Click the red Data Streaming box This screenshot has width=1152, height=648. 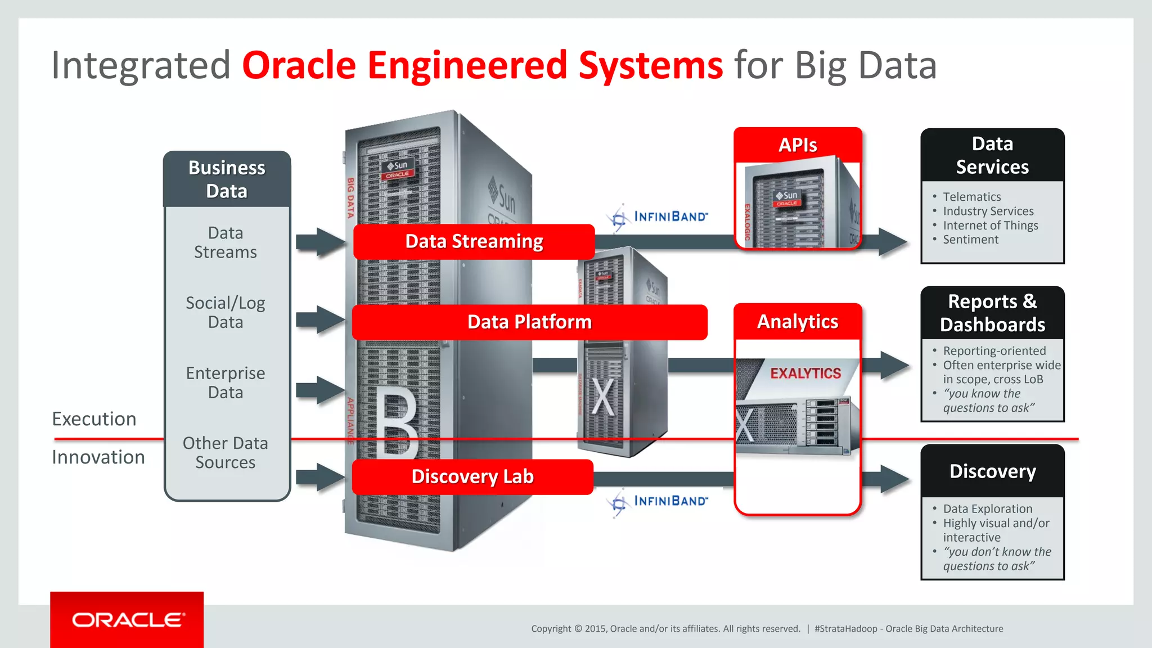[474, 242]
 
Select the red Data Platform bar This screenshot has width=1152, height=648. [529, 322]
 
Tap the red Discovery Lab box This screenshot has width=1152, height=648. [472, 477]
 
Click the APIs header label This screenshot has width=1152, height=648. [797, 145]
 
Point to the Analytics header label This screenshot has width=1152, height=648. [797, 322]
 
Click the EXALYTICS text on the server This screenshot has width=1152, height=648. [805, 373]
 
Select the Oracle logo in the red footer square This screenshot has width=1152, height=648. [128, 620]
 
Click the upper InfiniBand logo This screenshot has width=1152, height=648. [658, 217]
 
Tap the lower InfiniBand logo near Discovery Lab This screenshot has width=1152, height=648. [658, 501]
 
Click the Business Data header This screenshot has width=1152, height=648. [227, 179]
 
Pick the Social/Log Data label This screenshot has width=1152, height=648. [226, 313]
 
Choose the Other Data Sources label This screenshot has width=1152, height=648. [226, 453]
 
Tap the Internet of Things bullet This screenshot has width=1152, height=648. [990, 226]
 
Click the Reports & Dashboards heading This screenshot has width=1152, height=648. [992, 313]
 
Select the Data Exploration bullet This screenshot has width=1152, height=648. [987, 509]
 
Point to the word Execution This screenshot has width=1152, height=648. [94, 419]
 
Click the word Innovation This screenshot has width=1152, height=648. [98, 457]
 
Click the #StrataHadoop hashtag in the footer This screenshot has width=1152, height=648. [845, 629]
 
